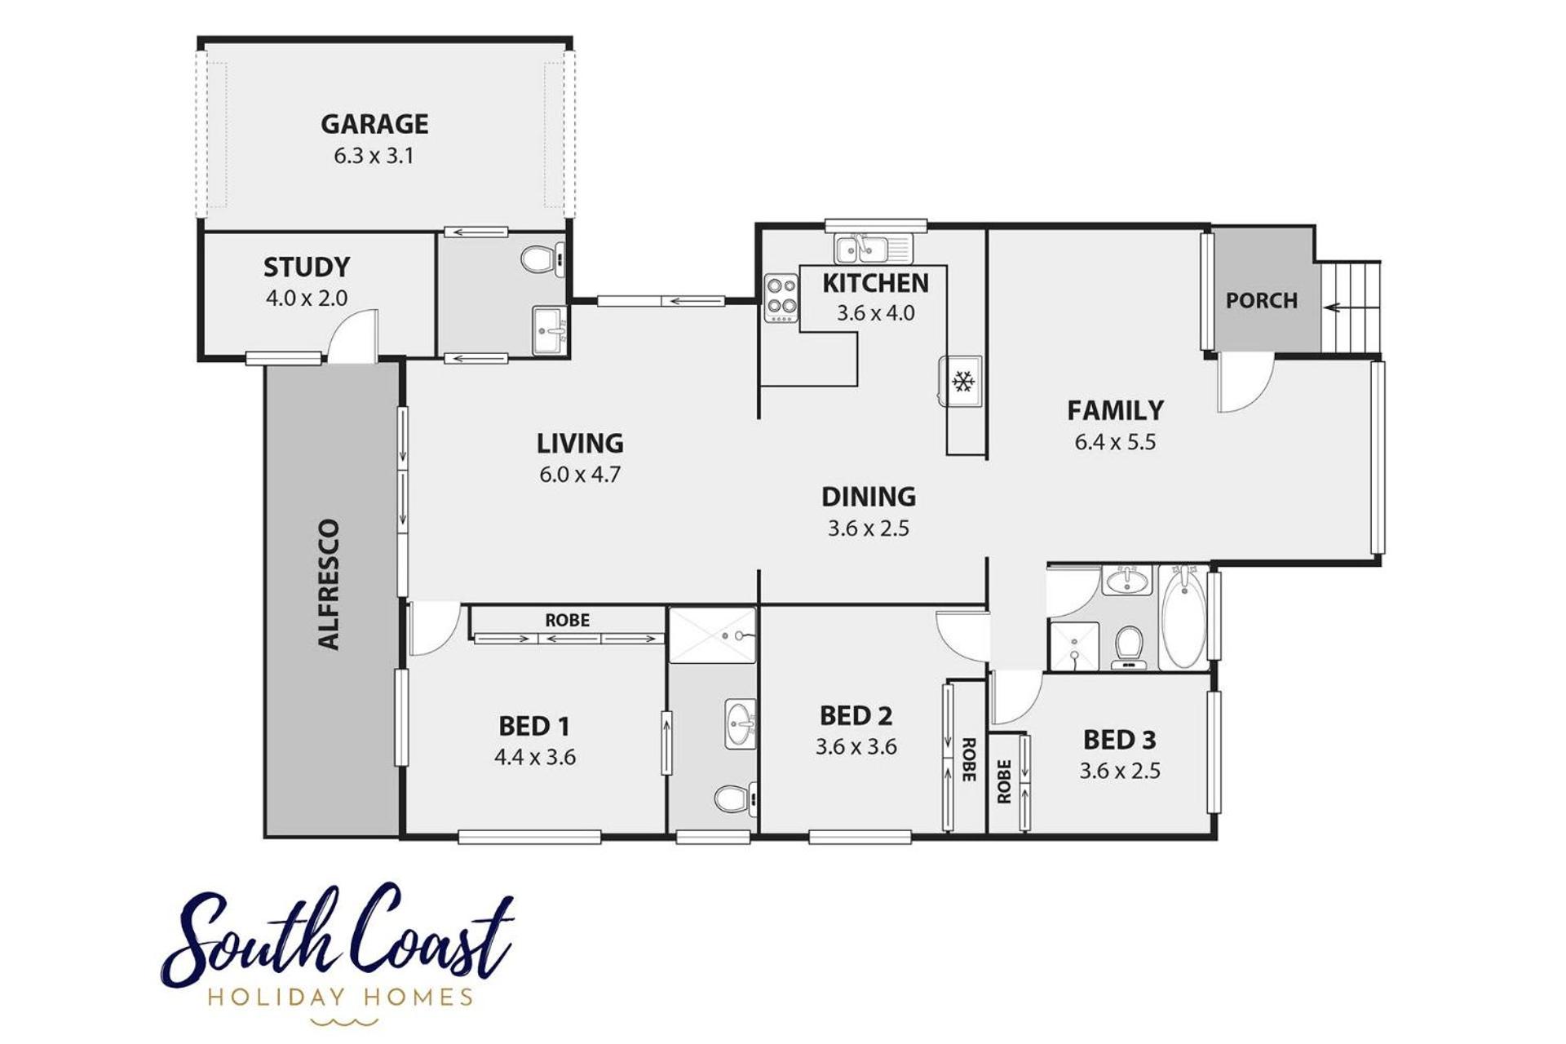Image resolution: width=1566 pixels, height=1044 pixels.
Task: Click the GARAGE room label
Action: (x=374, y=124)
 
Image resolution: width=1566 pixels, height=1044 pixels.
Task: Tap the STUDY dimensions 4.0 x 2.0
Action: (x=307, y=299)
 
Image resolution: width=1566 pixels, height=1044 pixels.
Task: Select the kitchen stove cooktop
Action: (x=781, y=298)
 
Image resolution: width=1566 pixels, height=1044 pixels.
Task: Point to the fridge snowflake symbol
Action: (x=963, y=381)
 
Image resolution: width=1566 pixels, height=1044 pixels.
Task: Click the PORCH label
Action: (x=1262, y=301)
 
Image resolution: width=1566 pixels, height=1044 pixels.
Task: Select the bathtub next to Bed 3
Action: (x=1183, y=618)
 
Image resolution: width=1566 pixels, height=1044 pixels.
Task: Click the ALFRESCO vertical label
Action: (x=329, y=584)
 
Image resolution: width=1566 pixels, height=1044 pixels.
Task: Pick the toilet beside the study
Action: (x=542, y=260)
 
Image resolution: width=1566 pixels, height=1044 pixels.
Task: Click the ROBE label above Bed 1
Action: (x=567, y=621)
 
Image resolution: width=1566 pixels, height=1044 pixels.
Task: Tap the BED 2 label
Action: (x=856, y=716)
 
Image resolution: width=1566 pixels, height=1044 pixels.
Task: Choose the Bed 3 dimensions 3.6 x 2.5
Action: (x=1120, y=771)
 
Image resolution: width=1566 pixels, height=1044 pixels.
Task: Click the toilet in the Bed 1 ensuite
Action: (x=736, y=798)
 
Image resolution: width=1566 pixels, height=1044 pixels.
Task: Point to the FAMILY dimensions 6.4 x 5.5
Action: (x=1115, y=442)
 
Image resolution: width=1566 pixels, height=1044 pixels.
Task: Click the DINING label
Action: (x=869, y=497)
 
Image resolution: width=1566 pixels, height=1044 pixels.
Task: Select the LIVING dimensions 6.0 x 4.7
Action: (x=580, y=474)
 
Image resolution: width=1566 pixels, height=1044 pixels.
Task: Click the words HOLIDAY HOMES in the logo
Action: (x=340, y=997)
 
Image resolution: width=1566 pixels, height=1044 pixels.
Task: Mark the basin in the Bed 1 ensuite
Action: (x=741, y=723)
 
